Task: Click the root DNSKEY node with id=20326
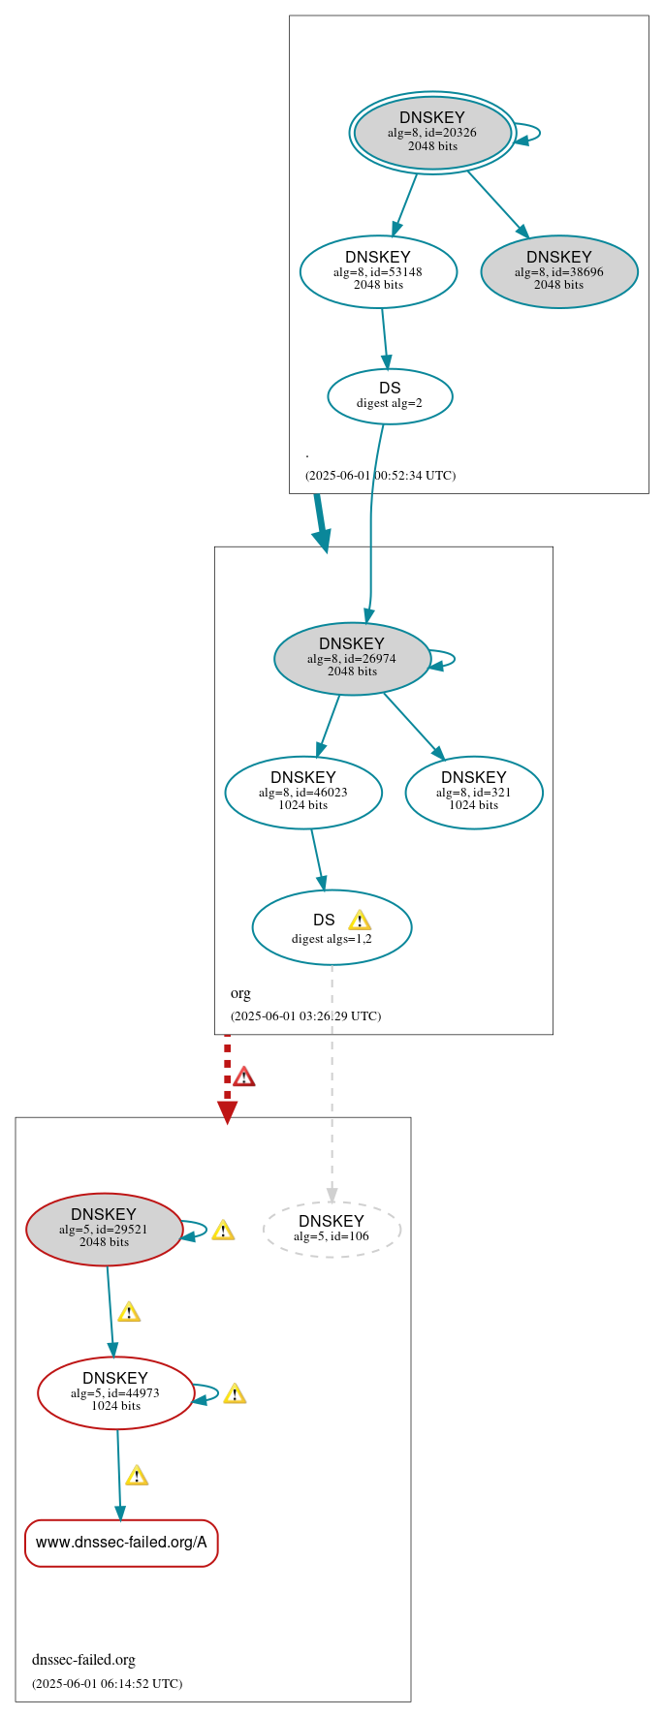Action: pos(432,132)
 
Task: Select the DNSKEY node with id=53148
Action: pos(378,271)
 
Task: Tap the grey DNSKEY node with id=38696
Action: pos(559,271)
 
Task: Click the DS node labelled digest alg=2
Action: pos(390,395)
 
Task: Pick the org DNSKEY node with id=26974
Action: pos(352,658)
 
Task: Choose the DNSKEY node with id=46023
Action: pos(303,792)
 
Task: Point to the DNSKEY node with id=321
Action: pos(474,792)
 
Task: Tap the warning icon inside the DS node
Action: pos(360,920)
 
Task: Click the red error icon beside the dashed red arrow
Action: pos(244,1077)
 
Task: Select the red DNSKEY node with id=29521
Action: pos(104,1229)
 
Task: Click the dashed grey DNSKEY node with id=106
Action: pos(332,1229)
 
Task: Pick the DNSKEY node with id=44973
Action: pos(115,1392)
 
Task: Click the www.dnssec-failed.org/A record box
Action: pos(121,1543)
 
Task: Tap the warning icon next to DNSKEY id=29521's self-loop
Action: pos(223,1231)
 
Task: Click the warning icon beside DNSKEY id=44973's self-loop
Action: pos(235,1394)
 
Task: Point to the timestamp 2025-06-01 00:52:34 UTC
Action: pos(380,475)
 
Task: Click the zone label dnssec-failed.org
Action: pos(83,1660)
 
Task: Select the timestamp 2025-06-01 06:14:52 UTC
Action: pos(107,1683)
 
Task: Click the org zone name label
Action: pos(240,993)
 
